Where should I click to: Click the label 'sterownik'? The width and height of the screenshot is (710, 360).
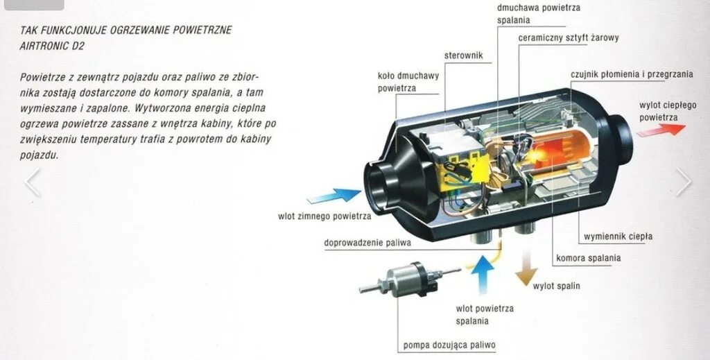pyautogui.click(x=463, y=55)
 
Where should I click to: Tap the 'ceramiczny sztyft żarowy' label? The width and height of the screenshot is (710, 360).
pyautogui.click(x=569, y=37)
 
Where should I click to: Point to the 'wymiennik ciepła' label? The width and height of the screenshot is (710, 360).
pyautogui.click(x=618, y=237)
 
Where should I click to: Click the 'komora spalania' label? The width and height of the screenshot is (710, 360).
pyautogui.click(x=588, y=258)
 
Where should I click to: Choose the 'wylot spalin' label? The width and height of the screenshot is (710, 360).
pyautogui.click(x=556, y=286)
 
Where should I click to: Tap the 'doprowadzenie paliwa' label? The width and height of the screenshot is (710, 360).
pyautogui.click(x=367, y=243)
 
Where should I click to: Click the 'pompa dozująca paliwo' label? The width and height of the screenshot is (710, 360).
pyautogui.click(x=449, y=345)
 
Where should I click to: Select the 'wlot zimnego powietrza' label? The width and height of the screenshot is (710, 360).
pyautogui.click(x=324, y=216)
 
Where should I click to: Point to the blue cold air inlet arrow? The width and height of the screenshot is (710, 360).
pyautogui.click(x=338, y=198)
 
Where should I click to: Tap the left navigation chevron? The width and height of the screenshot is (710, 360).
pyautogui.click(x=32, y=182)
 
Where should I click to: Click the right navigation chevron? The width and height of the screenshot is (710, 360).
pyautogui.click(x=684, y=182)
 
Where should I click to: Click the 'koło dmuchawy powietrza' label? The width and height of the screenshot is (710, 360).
pyautogui.click(x=408, y=82)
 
